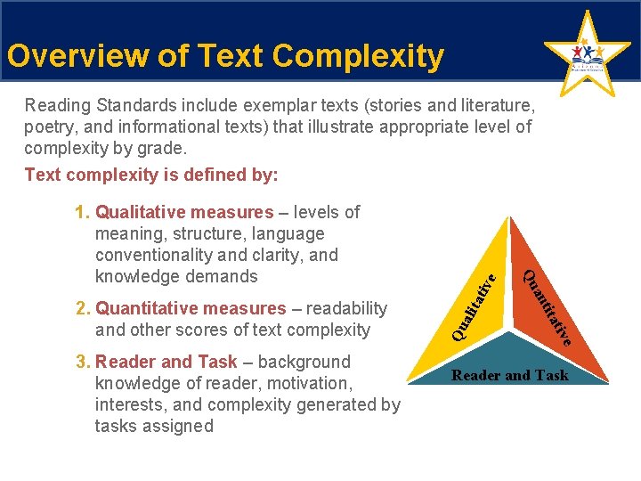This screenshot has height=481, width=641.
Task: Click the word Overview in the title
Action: pos(66,56)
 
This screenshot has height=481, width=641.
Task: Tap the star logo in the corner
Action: pos(586,55)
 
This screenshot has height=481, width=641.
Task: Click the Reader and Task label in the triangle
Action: pos(509,375)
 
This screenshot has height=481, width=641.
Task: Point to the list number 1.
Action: pos(83,212)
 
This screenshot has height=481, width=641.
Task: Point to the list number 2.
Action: pos(83,308)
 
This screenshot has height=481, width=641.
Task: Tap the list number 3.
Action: pos(83,362)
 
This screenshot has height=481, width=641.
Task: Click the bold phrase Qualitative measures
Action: pos(184,212)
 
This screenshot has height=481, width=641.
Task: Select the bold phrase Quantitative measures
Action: pos(191,308)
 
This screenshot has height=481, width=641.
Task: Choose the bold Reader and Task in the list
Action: pos(166,362)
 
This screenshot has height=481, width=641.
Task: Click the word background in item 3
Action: pos(304,362)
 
